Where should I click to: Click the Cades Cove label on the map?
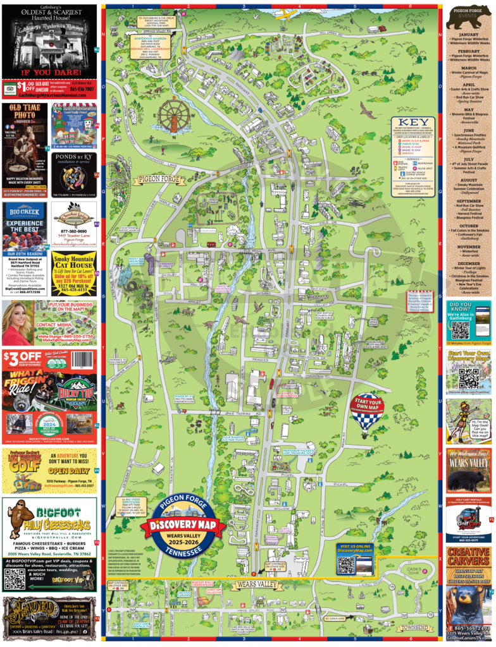click(x=414, y=571)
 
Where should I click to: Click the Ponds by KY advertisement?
click(x=75, y=174)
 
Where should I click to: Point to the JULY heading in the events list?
click(x=469, y=160)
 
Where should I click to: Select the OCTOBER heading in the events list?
click(x=469, y=225)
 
